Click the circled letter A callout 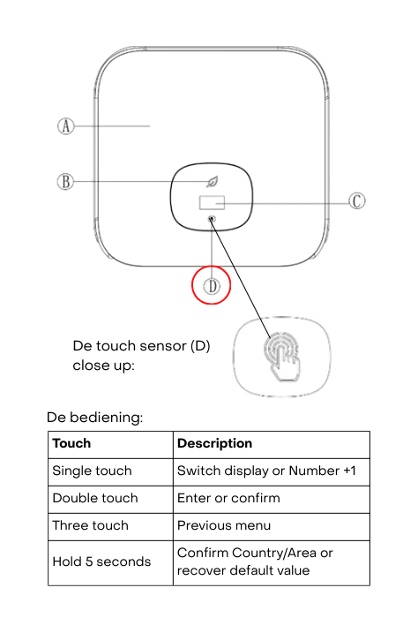click(x=66, y=126)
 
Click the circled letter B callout click(x=65, y=182)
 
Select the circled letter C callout click(x=357, y=201)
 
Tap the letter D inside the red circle click(x=213, y=286)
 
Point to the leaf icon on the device click(x=213, y=182)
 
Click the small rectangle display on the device click(x=212, y=202)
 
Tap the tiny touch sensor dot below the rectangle click(x=213, y=218)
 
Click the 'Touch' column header click(x=71, y=443)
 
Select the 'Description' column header click(x=214, y=443)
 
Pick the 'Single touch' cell click(x=92, y=471)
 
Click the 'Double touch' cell click(x=95, y=498)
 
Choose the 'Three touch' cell click(x=91, y=525)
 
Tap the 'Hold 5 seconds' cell click(x=101, y=561)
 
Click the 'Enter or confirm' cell click(x=228, y=498)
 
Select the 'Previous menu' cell click(x=224, y=525)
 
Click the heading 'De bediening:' click(x=95, y=417)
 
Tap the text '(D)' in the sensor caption click(x=200, y=346)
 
